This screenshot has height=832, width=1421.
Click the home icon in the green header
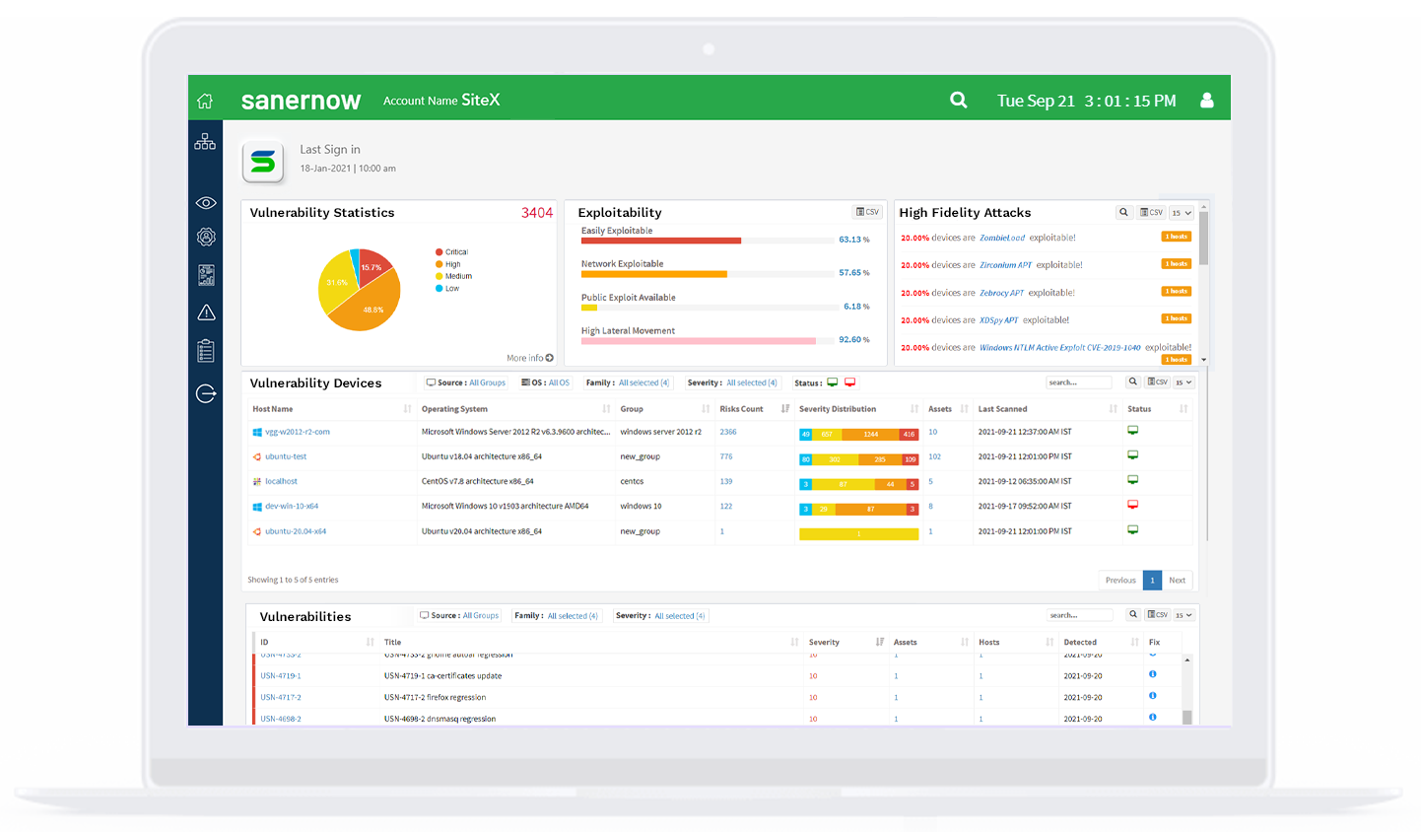point(205,101)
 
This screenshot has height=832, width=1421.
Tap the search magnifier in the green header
point(958,100)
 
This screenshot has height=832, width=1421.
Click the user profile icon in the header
point(1206,101)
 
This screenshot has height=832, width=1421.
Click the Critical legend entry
point(455,252)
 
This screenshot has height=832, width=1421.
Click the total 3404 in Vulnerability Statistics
point(537,213)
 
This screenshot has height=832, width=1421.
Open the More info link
point(529,358)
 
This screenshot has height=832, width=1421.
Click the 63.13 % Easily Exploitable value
point(853,240)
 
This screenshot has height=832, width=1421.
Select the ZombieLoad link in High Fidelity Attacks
point(1001,238)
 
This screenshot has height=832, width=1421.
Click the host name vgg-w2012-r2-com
point(297,432)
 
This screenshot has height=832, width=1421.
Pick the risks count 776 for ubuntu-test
point(726,456)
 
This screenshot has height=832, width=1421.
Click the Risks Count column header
point(741,409)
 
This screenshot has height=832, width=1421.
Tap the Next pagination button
point(1177,580)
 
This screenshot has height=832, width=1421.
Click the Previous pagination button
point(1120,580)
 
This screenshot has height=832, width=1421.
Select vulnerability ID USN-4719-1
point(281,676)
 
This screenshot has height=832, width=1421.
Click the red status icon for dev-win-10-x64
point(1132,505)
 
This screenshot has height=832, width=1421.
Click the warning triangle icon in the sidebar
point(206,312)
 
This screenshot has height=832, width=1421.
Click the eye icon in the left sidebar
point(206,203)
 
